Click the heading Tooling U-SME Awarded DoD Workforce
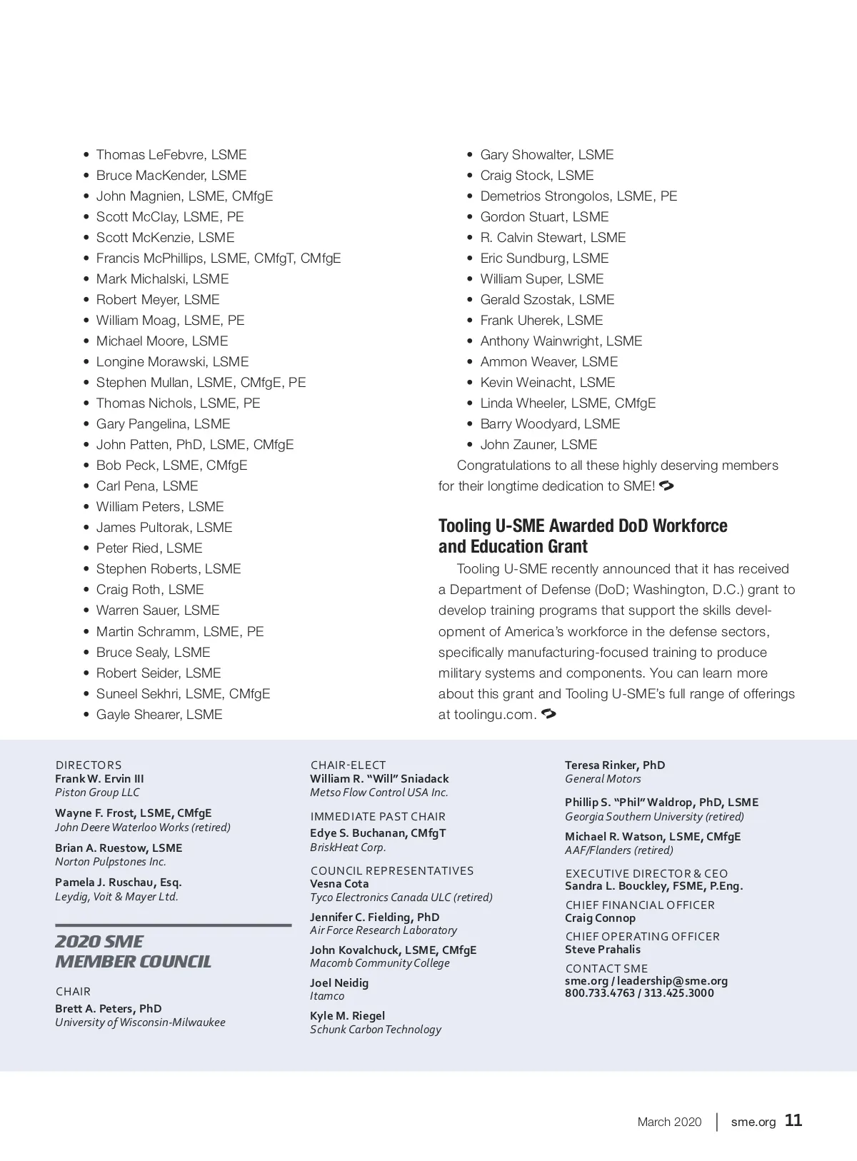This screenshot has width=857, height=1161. [x=583, y=526]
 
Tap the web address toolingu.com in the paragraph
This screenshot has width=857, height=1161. [x=493, y=715]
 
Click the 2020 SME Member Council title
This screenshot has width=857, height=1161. [x=133, y=952]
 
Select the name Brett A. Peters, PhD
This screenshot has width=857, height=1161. [x=109, y=1009]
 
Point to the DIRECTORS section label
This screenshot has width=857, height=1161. [x=89, y=765]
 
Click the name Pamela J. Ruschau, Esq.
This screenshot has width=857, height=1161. [x=119, y=883]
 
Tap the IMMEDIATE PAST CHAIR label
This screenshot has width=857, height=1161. [x=378, y=817]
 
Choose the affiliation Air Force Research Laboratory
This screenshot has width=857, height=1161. [x=384, y=930]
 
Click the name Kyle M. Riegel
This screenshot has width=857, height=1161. [x=347, y=1016]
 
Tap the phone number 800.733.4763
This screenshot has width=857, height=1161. [x=599, y=993]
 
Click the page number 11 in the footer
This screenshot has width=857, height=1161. [x=793, y=1120]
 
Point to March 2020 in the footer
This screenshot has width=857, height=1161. [x=669, y=1122]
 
